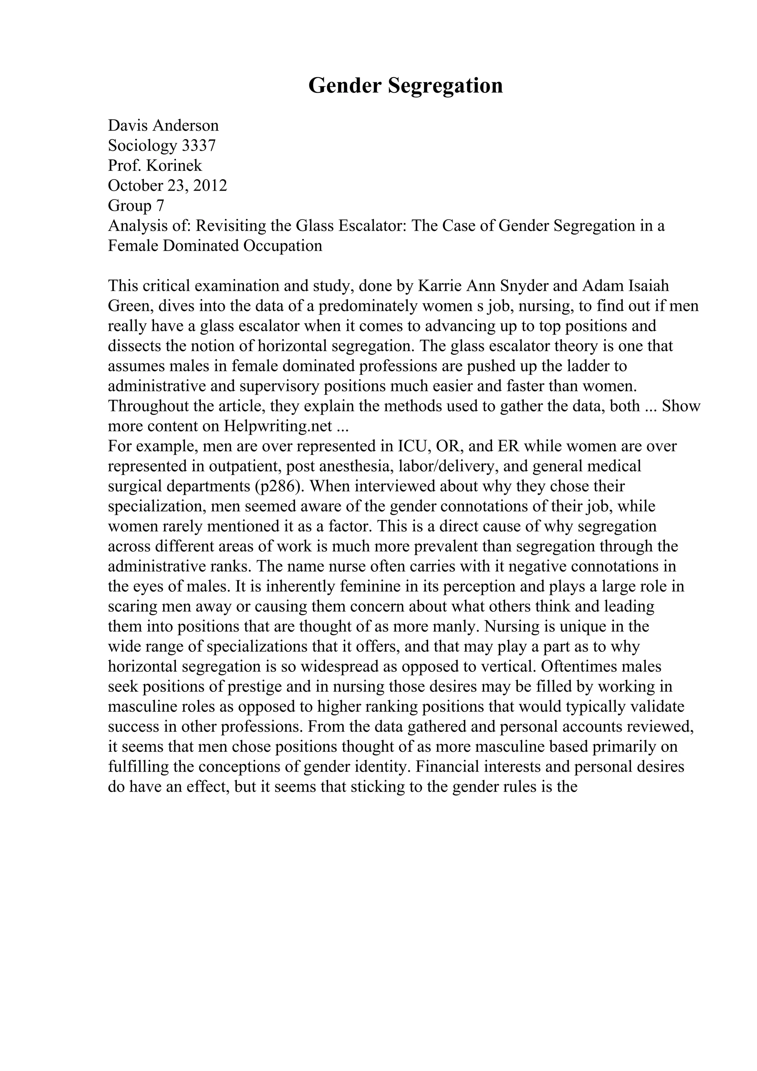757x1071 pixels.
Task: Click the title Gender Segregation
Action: (x=405, y=86)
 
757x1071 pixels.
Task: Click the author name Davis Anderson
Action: (x=163, y=126)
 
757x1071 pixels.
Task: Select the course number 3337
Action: (x=198, y=146)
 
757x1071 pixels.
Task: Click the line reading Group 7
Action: (x=136, y=206)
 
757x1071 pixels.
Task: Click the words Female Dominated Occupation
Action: (x=215, y=246)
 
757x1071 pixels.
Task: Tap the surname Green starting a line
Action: (x=129, y=306)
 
